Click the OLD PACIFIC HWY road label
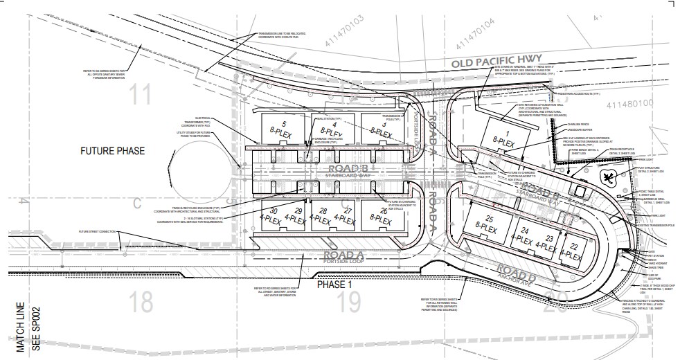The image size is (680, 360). pyautogui.click(x=497, y=64)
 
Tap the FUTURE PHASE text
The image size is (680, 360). pyautogui.click(x=112, y=151)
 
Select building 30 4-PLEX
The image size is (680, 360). pyautogui.click(x=274, y=214)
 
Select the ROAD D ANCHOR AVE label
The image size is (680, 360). pyautogui.click(x=520, y=273)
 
